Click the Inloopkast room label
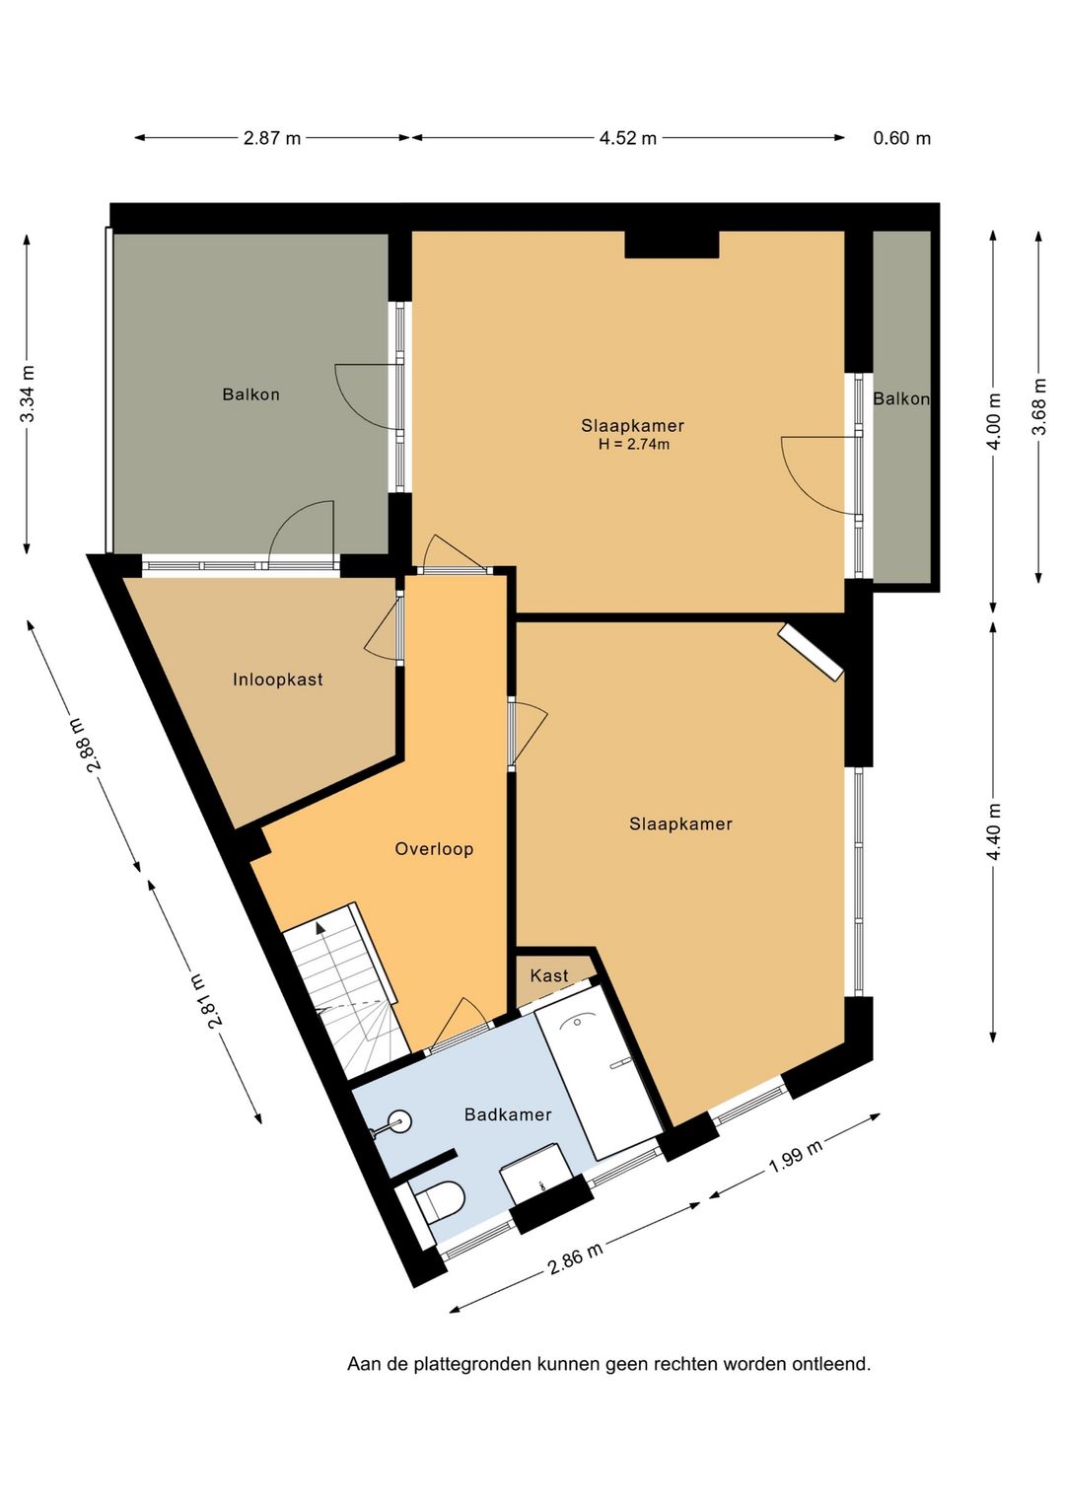click(277, 680)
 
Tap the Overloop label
click(434, 848)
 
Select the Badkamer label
click(508, 1114)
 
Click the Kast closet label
click(549, 975)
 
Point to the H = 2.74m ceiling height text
click(634, 444)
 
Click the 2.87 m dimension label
click(272, 138)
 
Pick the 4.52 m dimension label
click(628, 138)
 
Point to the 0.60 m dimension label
click(901, 138)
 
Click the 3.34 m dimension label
click(28, 394)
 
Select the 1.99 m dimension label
click(796, 1157)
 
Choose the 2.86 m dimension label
click(575, 1257)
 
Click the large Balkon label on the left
click(250, 394)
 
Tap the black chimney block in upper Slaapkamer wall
click(672, 245)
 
